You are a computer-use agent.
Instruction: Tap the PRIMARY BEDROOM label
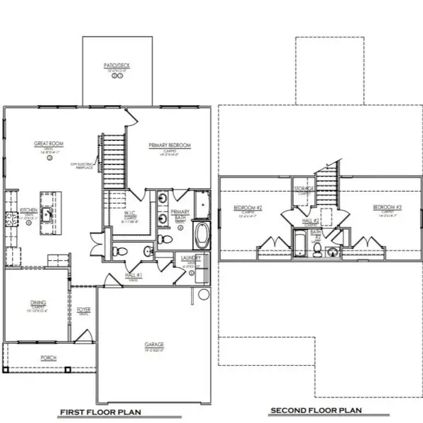pos(170,145)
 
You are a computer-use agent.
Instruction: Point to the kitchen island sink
pos(49,212)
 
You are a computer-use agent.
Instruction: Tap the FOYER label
pos(83,309)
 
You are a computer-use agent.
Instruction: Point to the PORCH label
pos(48,357)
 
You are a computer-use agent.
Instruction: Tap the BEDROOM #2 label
pos(248,208)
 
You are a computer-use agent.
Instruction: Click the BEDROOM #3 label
pos(388,207)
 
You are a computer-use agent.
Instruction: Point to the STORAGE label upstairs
pos(305,189)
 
